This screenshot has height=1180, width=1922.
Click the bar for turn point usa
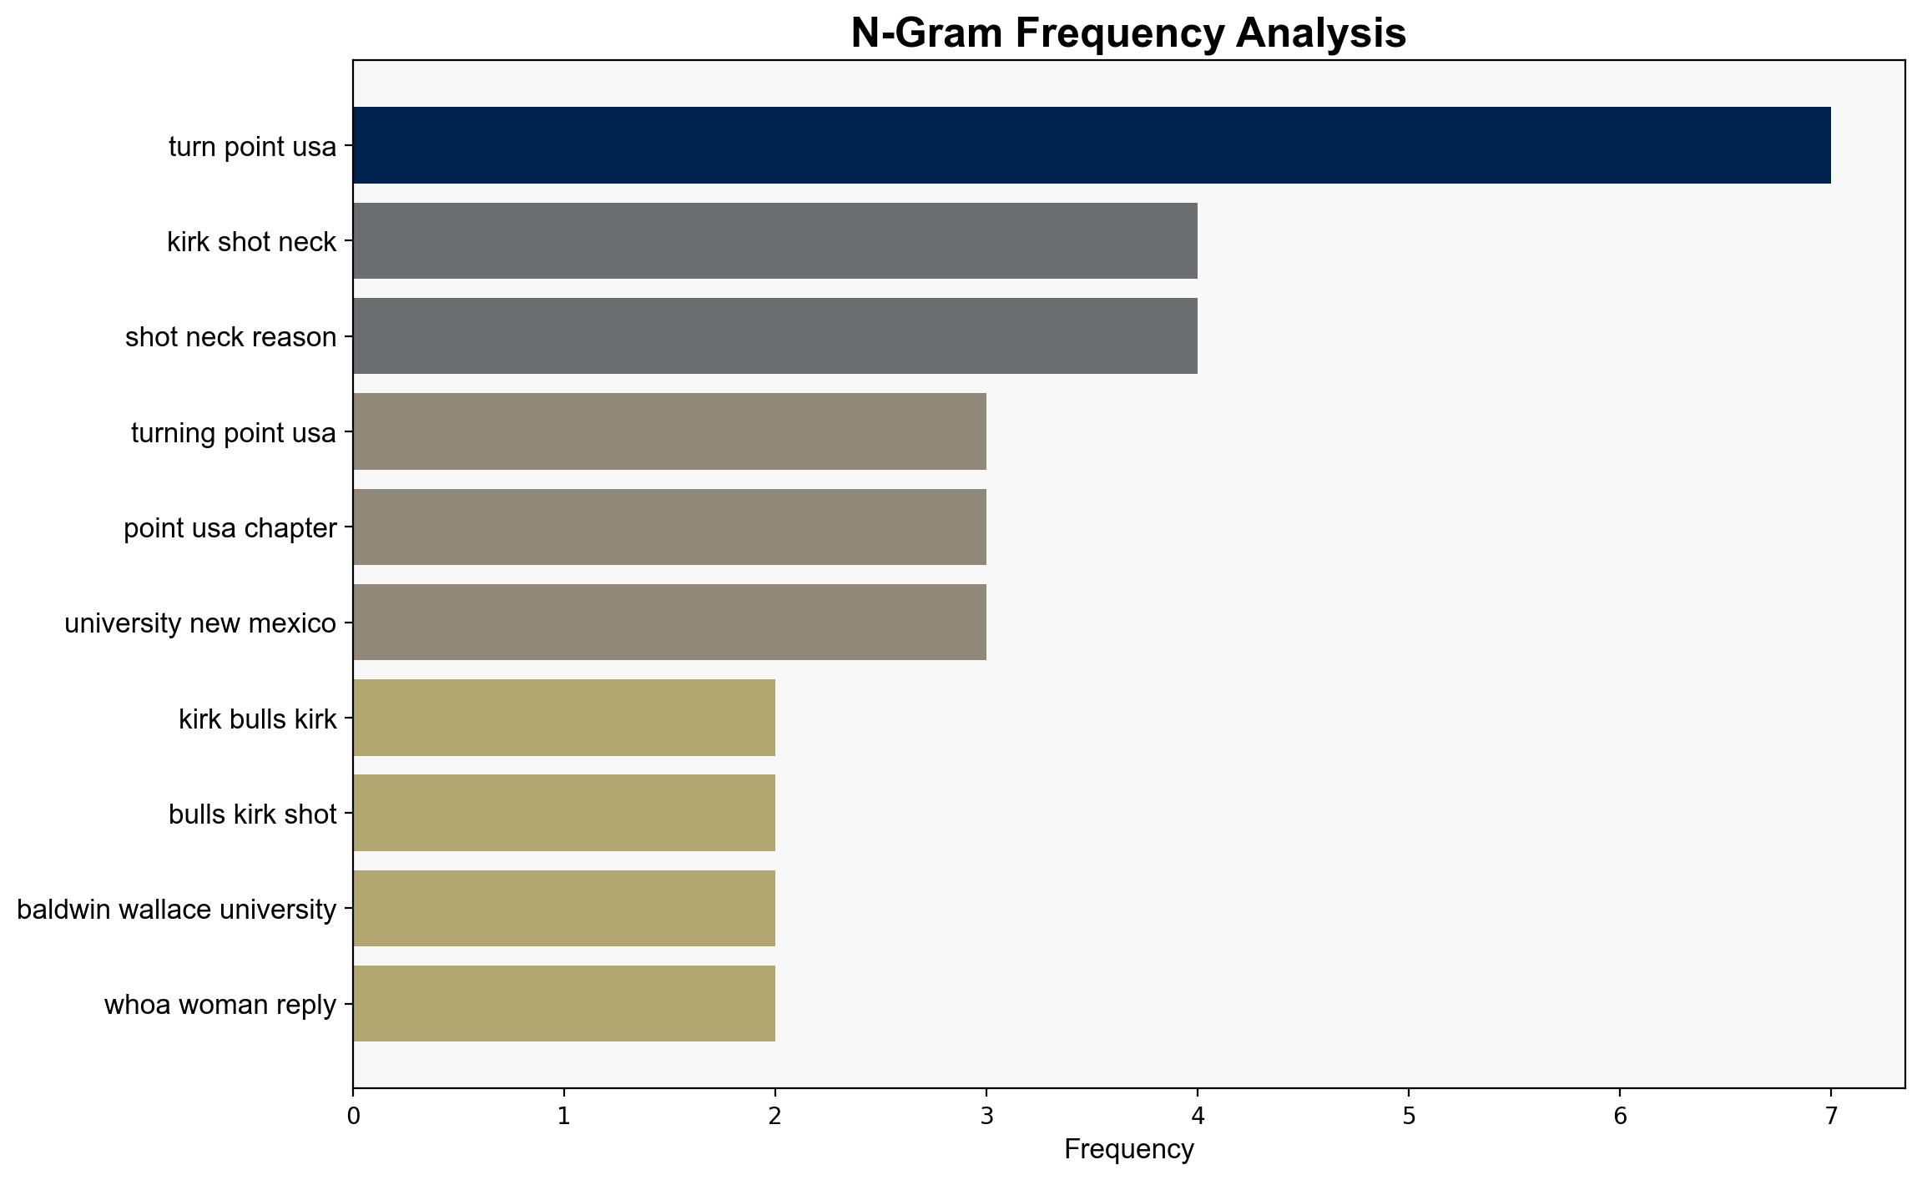point(1092,145)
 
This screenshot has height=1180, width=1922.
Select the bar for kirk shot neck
point(775,241)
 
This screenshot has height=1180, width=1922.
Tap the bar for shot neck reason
point(775,336)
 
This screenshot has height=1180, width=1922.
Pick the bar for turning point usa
point(670,431)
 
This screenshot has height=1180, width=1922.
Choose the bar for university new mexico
point(670,623)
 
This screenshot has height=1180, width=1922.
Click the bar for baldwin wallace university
point(564,909)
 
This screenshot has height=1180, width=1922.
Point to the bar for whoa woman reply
point(564,1004)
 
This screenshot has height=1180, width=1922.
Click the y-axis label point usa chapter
point(230,528)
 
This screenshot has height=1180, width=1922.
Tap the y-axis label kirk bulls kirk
point(258,719)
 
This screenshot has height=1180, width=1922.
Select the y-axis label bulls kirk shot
point(253,814)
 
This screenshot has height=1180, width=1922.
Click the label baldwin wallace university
point(177,910)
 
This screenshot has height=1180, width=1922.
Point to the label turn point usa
point(253,147)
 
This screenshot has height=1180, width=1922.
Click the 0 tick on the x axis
point(354,1116)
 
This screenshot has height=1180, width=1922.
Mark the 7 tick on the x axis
point(1831,1116)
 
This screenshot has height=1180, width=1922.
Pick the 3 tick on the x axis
point(986,1116)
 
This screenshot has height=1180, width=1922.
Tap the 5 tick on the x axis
point(1409,1116)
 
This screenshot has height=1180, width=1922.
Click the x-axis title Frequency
point(1129,1150)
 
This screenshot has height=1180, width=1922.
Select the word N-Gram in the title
point(927,33)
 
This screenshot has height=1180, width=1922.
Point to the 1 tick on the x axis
point(564,1116)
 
